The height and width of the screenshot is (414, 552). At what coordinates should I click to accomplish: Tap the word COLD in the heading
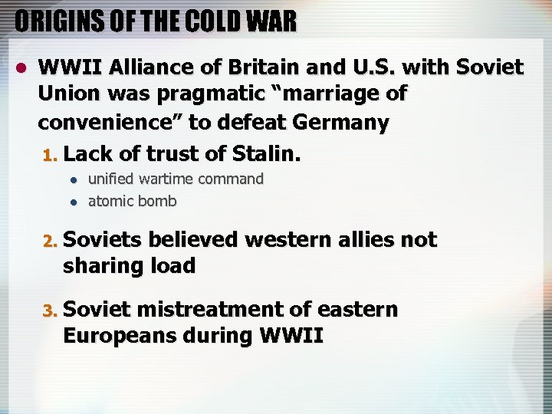pyautogui.click(x=203, y=21)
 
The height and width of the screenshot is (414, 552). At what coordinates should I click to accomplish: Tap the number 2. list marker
pyautogui.click(x=50, y=241)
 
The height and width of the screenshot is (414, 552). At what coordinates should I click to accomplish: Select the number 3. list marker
pyautogui.click(x=50, y=311)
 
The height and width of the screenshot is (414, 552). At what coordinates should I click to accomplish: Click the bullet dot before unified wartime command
pyautogui.click(x=73, y=180)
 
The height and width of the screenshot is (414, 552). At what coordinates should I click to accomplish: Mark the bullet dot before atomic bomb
pyautogui.click(x=73, y=202)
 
